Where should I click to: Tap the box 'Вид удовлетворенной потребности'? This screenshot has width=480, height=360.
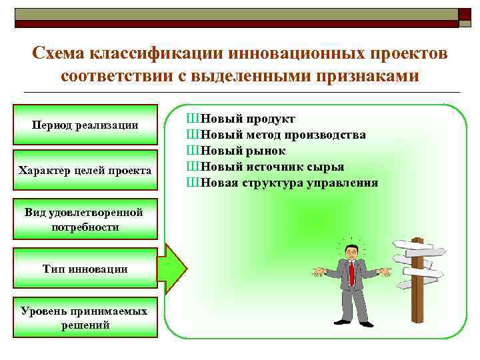(84, 219)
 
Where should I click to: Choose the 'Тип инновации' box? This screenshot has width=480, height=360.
(84, 269)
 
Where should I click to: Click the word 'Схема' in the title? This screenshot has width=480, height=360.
(63, 53)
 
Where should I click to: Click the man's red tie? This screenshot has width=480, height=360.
(351, 273)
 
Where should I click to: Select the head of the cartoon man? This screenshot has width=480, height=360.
(351, 251)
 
